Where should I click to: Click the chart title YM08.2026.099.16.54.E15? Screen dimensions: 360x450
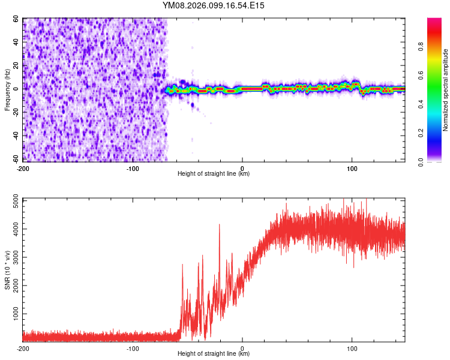(214, 5)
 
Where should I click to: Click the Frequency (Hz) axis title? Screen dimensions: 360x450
(7, 89)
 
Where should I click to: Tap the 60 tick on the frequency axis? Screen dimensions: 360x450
(17, 19)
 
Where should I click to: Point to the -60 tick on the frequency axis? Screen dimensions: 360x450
(16, 159)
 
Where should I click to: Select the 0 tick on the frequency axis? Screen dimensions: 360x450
(19, 89)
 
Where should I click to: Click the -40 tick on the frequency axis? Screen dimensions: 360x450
(16, 136)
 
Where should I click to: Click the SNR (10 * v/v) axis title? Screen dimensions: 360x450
(7, 269)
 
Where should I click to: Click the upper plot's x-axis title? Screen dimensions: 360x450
(214, 174)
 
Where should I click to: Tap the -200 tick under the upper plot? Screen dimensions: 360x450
(23, 168)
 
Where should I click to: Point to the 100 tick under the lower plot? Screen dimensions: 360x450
(352, 348)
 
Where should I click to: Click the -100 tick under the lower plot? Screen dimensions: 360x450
(133, 348)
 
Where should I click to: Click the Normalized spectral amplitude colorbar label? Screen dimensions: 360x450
(445, 89)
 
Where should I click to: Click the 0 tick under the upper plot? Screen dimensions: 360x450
(242, 168)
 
